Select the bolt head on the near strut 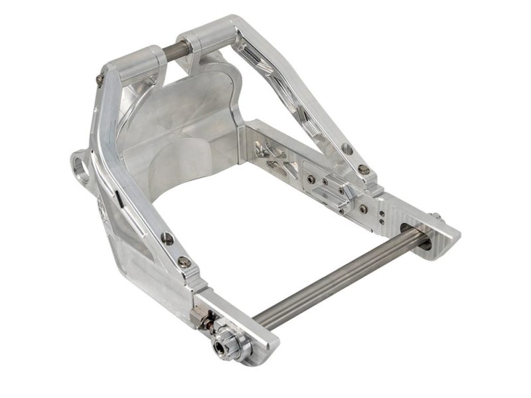[184, 262]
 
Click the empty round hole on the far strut [346, 150]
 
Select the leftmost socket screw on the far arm [312, 178]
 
